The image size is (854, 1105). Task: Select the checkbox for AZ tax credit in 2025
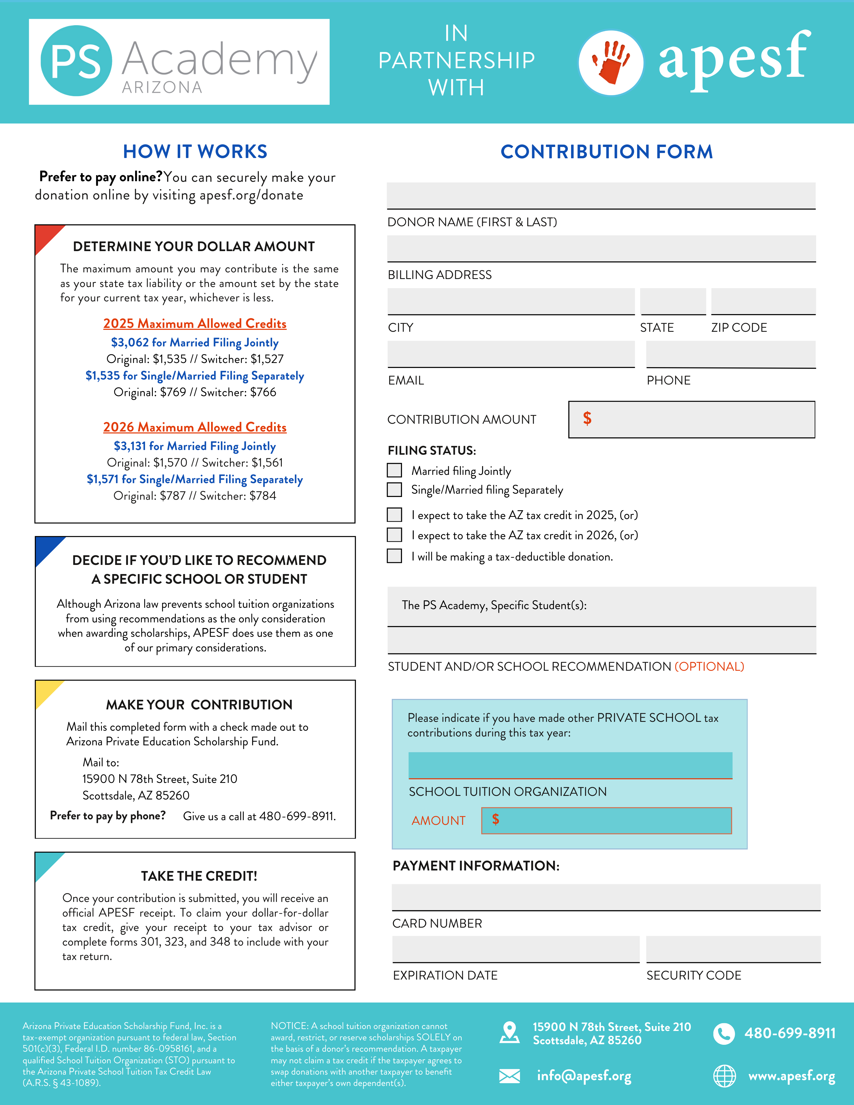tap(394, 515)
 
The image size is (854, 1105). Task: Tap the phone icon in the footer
tap(724, 1034)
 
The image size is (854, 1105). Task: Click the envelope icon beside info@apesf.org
tap(509, 1076)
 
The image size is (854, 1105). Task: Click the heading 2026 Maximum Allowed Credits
tap(195, 427)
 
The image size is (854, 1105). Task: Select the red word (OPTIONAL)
tap(709, 666)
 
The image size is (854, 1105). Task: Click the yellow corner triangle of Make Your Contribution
tap(46, 691)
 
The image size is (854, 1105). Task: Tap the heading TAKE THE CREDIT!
tap(199, 876)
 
